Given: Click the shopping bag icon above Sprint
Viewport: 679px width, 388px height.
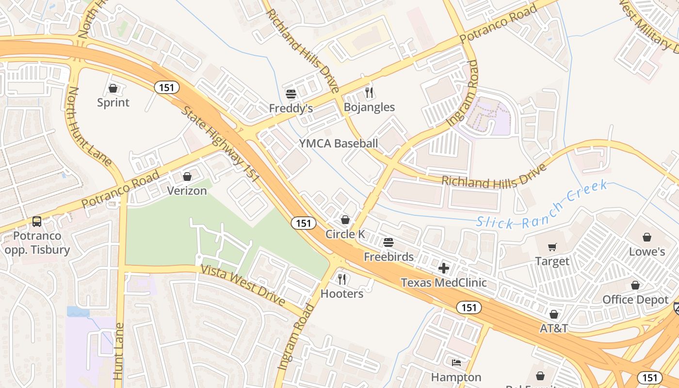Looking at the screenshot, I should [113, 88].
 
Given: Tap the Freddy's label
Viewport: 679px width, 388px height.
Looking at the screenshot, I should [291, 108].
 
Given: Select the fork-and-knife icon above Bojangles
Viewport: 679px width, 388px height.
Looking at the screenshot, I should [370, 93].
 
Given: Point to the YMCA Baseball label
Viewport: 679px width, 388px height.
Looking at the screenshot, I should [338, 144].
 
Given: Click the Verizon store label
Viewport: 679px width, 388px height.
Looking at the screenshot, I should [187, 191].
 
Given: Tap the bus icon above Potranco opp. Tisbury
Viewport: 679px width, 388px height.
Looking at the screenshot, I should [37, 222].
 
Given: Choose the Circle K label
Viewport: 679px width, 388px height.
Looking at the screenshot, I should [345, 234].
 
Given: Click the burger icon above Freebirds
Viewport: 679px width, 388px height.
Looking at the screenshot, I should [388, 242].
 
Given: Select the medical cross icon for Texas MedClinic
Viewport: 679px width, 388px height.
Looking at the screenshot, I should [443, 268].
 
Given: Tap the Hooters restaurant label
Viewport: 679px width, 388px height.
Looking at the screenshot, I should [342, 294].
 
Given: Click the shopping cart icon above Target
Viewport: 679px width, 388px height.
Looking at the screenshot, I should [552, 247].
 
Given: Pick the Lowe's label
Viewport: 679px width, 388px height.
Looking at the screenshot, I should [647, 252].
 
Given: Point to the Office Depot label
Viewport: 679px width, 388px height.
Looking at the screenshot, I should [635, 300].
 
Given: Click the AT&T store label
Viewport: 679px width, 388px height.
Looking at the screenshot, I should [554, 328].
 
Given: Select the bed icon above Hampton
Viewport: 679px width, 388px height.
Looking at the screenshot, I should [456, 362].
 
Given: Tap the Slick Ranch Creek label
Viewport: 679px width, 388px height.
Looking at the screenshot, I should [541, 205].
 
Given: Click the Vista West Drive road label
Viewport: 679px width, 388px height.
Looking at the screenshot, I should [243, 286].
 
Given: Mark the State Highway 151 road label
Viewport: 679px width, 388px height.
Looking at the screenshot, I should [221, 144].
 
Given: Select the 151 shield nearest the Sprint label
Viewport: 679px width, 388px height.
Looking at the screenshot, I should [167, 88].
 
